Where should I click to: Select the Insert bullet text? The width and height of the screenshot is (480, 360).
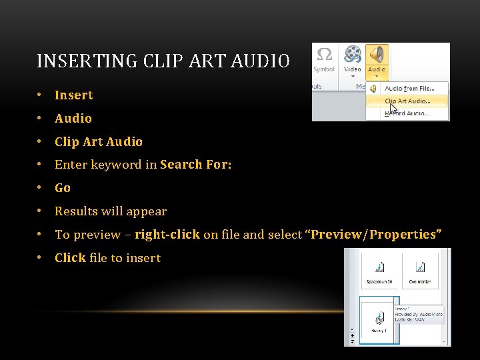point(73,95)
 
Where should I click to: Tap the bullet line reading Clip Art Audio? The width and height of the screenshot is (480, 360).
point(98,141)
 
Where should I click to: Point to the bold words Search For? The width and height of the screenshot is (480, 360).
point(196,165)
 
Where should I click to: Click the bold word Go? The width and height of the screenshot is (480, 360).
point(63,188)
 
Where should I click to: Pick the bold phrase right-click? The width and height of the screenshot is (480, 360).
point(167,235)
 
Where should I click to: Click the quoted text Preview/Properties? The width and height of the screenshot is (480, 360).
point(373,235)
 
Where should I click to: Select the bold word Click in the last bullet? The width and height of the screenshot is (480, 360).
point(70,258)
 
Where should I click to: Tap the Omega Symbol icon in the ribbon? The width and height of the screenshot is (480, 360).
point(325,54)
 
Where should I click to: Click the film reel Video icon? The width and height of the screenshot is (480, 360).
point(353,54)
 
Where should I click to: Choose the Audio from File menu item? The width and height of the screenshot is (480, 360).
point(409,88)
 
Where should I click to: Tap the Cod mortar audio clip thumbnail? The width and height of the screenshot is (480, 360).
point(419,270)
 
